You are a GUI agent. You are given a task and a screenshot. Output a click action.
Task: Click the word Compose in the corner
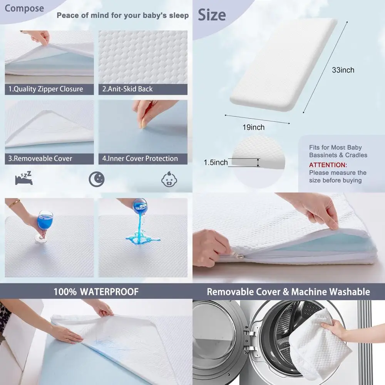[x=24, y=8]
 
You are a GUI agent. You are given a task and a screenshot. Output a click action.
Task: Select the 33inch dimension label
[x=343, y=70]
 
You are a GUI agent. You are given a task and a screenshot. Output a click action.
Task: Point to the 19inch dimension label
[x=253, y=127]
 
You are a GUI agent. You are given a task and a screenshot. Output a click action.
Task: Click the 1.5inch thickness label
[x=216, y=162]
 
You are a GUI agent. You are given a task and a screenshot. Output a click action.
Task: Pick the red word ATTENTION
[x=328, y=165]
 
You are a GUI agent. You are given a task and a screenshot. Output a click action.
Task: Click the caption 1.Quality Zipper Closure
[x=46, y=89]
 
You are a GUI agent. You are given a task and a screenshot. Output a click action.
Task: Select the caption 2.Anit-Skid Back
[x=127, y=89]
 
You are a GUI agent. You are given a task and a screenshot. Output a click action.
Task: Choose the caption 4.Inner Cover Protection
[x=140, y=158]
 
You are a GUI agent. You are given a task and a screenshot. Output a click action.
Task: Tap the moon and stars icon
[x=96, y=179]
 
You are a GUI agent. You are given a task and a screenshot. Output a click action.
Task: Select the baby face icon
[x=168, y=179]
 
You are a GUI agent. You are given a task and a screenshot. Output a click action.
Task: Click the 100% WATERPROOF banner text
[x=96, y=291]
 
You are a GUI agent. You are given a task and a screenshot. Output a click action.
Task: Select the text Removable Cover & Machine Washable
[x=288, y=291]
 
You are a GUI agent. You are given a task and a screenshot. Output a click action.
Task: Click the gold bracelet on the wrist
[x=15, y=203]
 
